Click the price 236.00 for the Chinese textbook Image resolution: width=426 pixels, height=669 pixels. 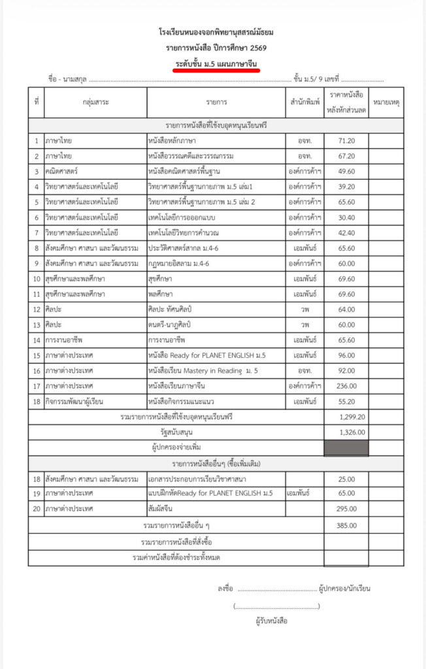(x=346, y=385)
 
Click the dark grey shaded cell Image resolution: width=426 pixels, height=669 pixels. (x=346, y=448)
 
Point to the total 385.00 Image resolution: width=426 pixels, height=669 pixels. (x=346, y=525)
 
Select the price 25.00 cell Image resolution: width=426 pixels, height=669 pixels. (x=346, y=479)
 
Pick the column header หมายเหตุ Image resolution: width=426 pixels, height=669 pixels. (x=386, y=103)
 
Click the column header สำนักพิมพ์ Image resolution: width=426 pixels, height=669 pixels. (x=305, y=103)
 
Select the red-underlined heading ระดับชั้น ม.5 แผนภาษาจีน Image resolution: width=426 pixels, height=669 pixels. (x=216, y=63)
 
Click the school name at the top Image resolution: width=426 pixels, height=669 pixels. (x=216, y=32)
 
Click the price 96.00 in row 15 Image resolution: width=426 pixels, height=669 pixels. (x=346, y=355)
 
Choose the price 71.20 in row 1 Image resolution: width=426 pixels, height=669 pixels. (x=346, y=140)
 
